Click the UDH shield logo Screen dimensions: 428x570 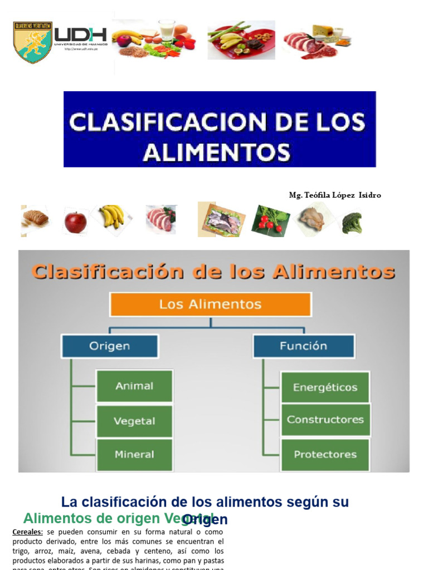pyautogui.click(x=32, y=42)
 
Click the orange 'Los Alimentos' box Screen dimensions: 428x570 pyautogui.click(x=210, y=304)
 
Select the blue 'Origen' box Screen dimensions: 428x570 pyautogui.click(x=109, y=346)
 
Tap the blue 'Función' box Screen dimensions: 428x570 pyautogui.click(x=304, y=346)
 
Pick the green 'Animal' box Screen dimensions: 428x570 pyautogui.click(x=134, y=386)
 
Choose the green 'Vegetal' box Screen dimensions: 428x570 pyautogui.click(x=134, y=421)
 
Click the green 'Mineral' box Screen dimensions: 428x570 pyautogui.click(x=134, y=455)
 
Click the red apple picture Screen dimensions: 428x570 pyautogui.click(x=75, y=222)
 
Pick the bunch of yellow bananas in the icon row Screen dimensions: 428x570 pyautogui.click(x=112, y=216)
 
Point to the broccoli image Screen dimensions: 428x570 pyautogui.click(x=352, y=222)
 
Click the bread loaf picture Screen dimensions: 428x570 pyautogui.click(x=35, y=219)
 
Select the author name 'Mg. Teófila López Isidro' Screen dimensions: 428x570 pyautogui.click(x=335, y=195)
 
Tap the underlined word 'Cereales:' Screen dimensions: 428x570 pyautogui.click(x=27, y=532)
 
